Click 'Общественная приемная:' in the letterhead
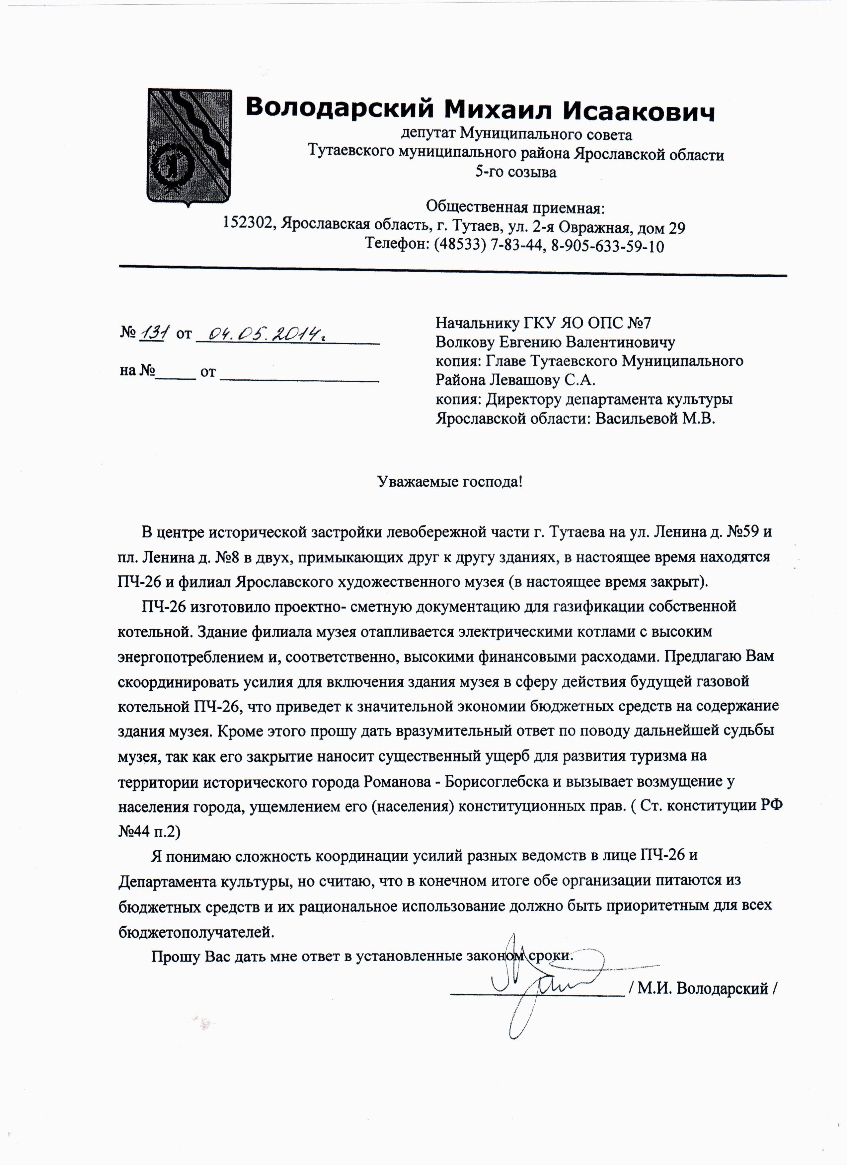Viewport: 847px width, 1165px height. [516, 207]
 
